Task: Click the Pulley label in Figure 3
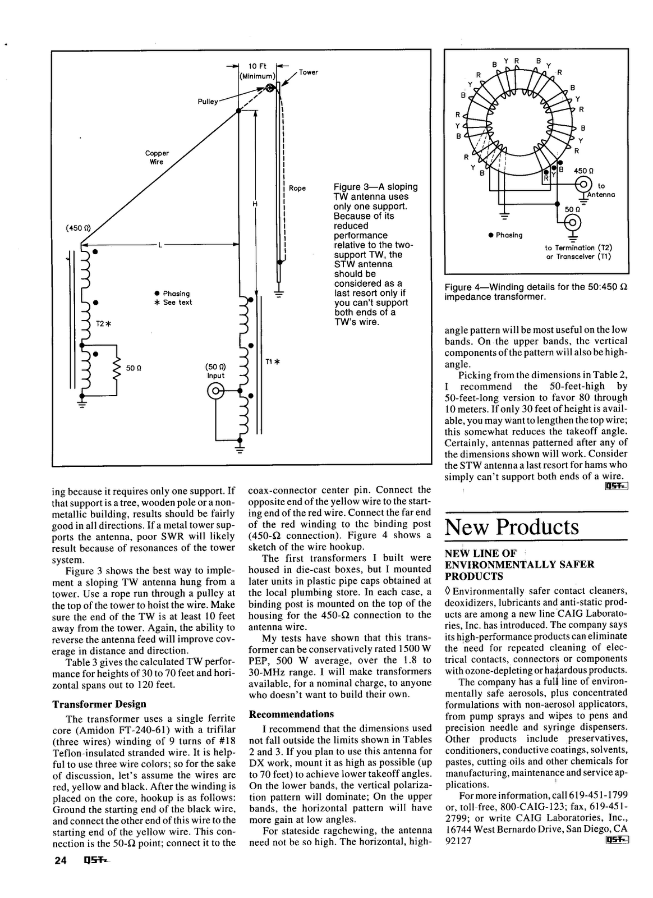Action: tap(208, 102)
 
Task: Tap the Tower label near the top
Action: tap(308, 72)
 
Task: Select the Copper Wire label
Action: tap(157, 157)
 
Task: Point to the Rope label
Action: tap(297, 189)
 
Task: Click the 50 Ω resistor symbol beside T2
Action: tap(118, 368)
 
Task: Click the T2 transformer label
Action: tap(103, 324)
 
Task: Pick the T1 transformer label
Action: tap(272, 362)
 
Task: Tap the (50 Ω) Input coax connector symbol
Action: tap(216, 392)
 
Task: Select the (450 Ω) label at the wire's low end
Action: tap(79, 228)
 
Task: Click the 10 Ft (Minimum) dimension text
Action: tap(258, 71)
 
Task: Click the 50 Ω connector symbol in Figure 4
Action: tap(572, 222)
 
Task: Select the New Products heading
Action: tap(511, 527)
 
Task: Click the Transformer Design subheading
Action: tap(99, 704)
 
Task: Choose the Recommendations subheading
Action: tap(291, 714)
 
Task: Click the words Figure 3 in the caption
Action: tap(352, 187)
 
